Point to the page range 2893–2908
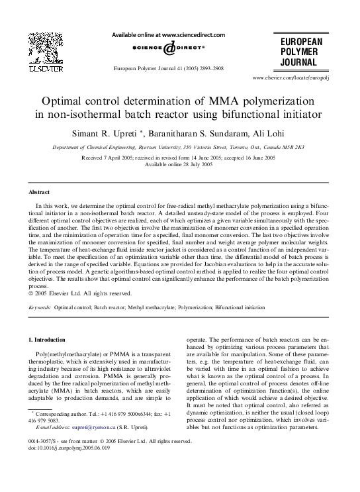209,68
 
